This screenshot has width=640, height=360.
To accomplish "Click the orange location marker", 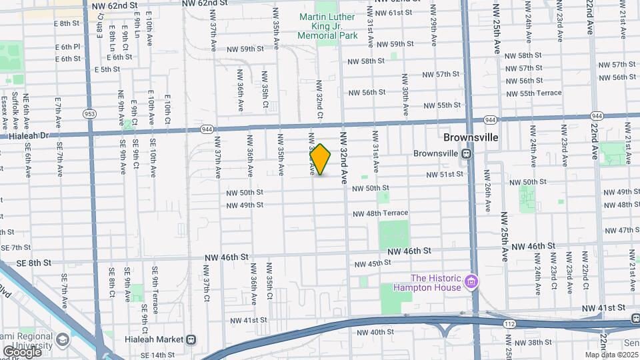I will [321, 159].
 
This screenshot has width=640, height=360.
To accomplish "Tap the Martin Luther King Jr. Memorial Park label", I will [326, 26].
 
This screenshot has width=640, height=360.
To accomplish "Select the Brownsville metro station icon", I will [467, 153].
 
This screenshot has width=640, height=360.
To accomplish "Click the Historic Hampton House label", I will [436, 283].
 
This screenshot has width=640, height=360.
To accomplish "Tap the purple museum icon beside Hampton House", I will [472, 283].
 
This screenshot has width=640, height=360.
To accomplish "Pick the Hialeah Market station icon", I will [191, 339].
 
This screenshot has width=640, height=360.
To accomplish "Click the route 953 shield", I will [89, 114].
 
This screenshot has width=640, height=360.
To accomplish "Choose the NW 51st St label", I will [445, 175].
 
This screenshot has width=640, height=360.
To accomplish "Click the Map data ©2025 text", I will [611, 355].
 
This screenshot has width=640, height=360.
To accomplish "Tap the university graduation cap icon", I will [63, 339].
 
